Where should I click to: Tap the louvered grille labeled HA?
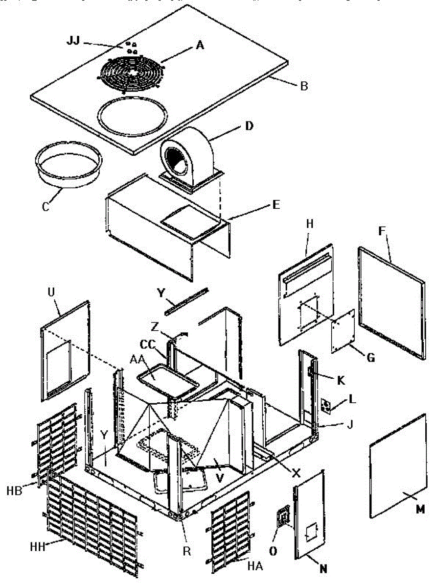click(x=230, y=529)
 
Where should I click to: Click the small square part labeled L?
click(x=325, y=406)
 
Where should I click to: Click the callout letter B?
click(x=304, y=87)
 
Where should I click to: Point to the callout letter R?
click(x=186, y=550)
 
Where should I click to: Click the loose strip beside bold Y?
click(x=186, y=300)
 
